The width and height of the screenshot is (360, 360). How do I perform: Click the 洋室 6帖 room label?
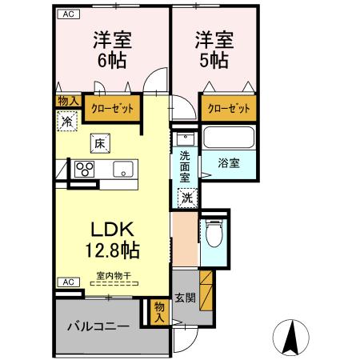click(x=112, y=50)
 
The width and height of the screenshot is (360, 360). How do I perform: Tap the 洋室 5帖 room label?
click(x=212, y=50)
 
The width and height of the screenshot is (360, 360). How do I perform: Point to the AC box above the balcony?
click(x=67, y=282)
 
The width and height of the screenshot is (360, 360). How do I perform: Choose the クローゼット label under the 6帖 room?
click(x=110, y=107)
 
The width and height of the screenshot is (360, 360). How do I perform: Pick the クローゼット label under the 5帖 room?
click(x=228, y=107)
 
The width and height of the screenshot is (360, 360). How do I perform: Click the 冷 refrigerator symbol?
click(x=66, y=122)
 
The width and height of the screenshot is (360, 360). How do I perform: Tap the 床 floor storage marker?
click(x=100, y=144)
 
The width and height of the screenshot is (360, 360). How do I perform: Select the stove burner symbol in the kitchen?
click(x=84, y=169)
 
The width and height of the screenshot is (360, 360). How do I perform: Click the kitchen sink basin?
click(x=124, y=169)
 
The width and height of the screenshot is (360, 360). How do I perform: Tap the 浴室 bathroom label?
click(x=229, y=162)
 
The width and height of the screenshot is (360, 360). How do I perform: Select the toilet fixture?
click(x=213, y=234)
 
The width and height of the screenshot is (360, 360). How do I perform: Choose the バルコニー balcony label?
click(x=98, y=326)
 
